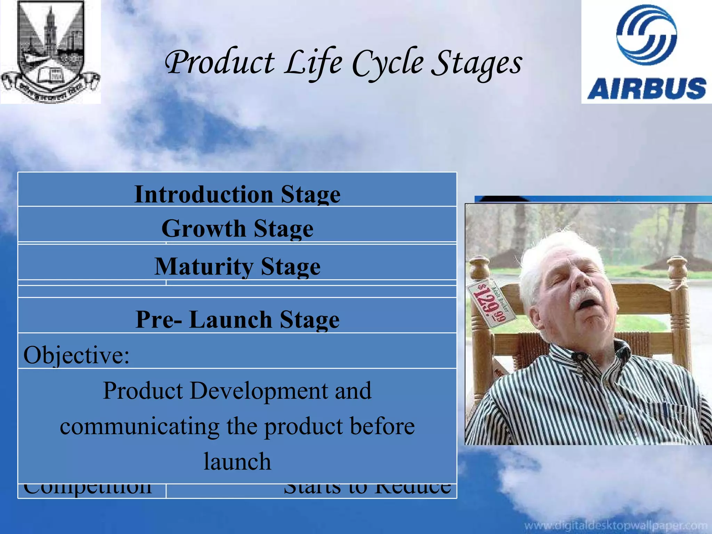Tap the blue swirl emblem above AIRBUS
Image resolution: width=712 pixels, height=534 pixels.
tap(647, 35)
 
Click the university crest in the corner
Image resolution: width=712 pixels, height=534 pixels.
tap(50, 51)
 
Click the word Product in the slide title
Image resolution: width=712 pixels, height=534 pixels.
tap(220, 63)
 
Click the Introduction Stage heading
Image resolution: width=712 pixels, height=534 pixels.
tap(237, 194)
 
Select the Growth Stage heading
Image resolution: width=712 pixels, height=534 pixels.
tap(237, 228)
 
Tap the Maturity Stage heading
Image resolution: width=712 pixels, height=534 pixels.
tap(237, 266)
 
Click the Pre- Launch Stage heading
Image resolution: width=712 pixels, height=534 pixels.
tap(237, 319)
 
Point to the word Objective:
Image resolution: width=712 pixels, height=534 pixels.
tap(76, 355)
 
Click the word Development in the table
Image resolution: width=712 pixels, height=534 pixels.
tap(259, 390)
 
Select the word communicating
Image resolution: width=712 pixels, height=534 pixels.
tap(139, 427)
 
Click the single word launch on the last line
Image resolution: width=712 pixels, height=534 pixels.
tap(237, 461)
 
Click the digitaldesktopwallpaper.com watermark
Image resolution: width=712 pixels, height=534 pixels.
tap(615, 525)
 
